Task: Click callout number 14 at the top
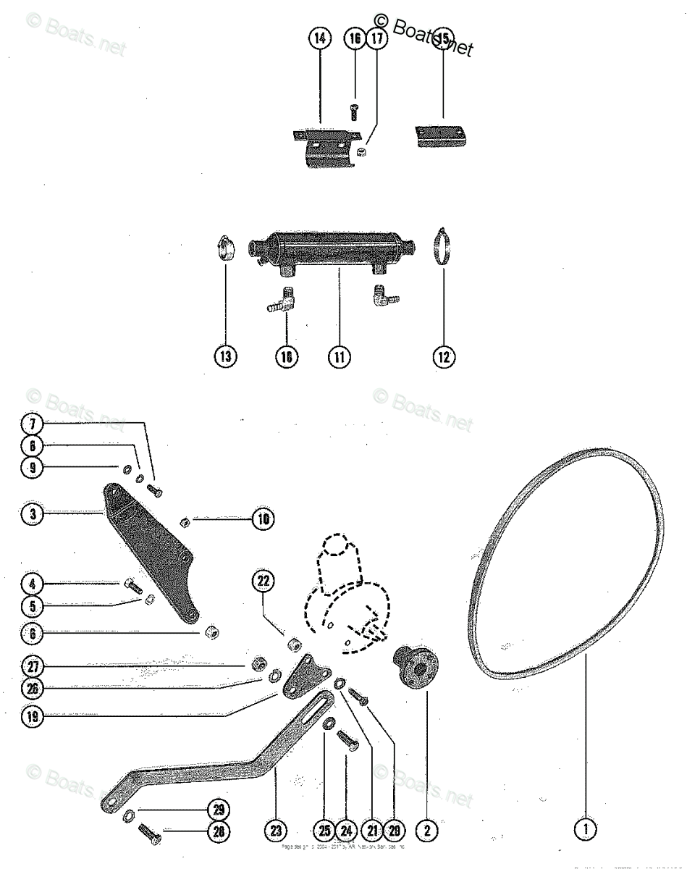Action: [x=319, y=39]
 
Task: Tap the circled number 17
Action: [x=376, y=39]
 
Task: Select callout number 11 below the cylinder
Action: [x=338, y=356]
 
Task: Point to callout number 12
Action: [x=444, y=356]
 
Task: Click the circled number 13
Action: [x=227, y=356]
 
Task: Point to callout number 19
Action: [x=33, y=716]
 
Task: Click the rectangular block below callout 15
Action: [x=438, y=137]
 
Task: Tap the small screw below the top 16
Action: [x=354, y=112]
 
